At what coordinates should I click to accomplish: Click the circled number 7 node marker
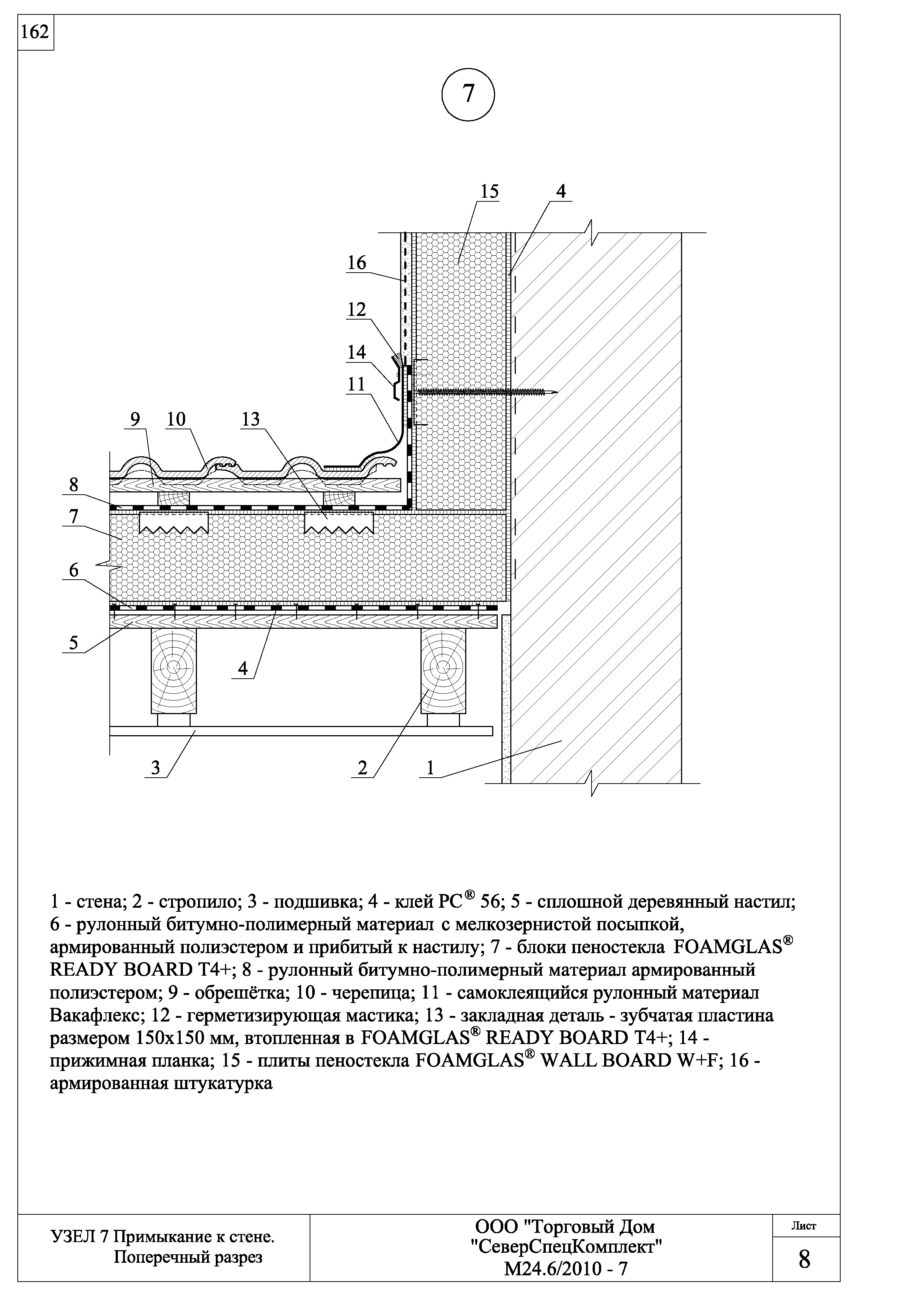(x=468, y=94)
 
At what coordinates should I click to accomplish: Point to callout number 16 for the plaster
(x=357, y=263)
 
